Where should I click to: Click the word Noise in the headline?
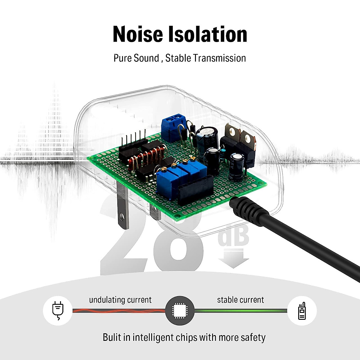point(138,34)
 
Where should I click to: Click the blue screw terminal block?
point(173,128)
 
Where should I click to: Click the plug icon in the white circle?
point(58,310)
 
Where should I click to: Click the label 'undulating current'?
point(120,300)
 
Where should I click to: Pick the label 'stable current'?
point(240,300)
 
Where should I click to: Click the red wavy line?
point(119,311)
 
